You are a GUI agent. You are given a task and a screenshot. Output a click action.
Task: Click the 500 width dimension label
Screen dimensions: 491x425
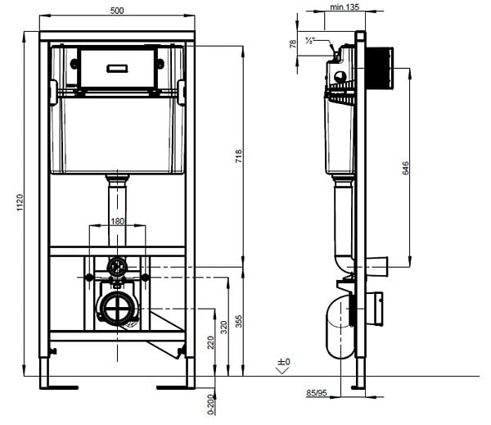click(117, 11)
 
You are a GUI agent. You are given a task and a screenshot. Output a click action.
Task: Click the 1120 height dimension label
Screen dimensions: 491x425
click(20, 202)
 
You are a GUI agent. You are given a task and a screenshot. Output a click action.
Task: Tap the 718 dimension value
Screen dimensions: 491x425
click(239, 156)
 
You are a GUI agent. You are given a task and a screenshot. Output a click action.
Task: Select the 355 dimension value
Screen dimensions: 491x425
click(239, 321)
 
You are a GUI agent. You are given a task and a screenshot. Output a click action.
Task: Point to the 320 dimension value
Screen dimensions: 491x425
click(223, 328)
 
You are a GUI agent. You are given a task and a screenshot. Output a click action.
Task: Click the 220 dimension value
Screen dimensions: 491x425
click(210, 342)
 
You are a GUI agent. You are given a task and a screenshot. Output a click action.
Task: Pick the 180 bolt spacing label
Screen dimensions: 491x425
click(117, 221)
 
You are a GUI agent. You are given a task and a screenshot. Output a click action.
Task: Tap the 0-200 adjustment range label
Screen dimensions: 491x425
click(211, 405)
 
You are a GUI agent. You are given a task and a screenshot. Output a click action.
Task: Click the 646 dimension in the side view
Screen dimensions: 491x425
click(405, 168)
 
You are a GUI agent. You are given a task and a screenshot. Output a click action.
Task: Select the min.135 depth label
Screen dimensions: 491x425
click(345, 7)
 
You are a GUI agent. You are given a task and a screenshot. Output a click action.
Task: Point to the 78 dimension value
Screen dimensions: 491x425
click(293, 43)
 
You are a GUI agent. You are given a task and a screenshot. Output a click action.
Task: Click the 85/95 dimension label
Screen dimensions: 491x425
click(317, 393)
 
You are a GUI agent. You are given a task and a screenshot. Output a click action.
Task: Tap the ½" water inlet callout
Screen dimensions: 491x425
click(310, 40)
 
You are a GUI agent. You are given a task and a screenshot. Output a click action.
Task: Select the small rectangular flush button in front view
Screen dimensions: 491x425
click(117, 68)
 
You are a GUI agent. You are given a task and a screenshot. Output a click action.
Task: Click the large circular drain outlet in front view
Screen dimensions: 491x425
click(117, 309)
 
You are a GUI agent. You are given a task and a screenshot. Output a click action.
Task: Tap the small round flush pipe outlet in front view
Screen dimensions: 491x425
click(117, 267)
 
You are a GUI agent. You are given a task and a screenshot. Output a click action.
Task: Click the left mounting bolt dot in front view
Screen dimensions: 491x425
click(89, 277)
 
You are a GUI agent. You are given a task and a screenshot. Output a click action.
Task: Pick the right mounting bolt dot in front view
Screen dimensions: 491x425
click(146, 277)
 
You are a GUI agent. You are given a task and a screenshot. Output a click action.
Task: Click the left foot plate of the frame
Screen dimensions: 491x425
click(59, 387)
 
